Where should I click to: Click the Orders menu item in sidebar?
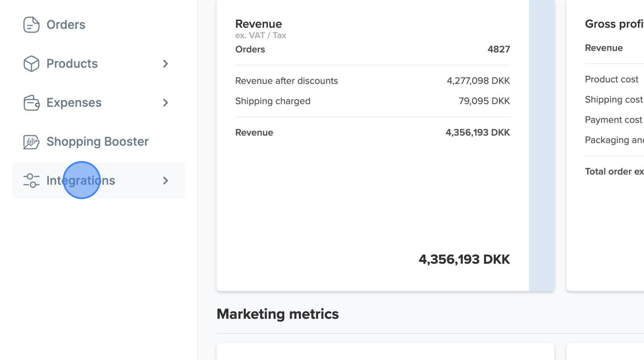point(66,25)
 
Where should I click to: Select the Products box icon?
point(31,64)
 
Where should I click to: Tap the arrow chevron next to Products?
point(166,64)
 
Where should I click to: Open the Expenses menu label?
point(74,103)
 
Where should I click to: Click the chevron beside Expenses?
point(166,103)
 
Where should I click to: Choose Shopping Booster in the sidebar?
point(97,141)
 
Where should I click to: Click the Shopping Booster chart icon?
point(31,142)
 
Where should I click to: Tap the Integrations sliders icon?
point(31,181)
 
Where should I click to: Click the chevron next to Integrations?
point(166,181)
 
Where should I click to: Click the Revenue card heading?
point(258,24)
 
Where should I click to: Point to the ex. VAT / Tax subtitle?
point(260,36)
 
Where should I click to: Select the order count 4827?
point(499,49)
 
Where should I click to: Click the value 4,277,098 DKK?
point(478,81)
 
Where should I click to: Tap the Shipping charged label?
point(273,101)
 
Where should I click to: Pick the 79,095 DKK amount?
point(484,101)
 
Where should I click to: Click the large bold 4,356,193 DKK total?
point(464,259)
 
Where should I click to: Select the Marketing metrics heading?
point(278,314)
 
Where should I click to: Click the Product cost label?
point(611,79)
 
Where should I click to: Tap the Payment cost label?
point(613,120)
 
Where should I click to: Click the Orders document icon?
point(31,25)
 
